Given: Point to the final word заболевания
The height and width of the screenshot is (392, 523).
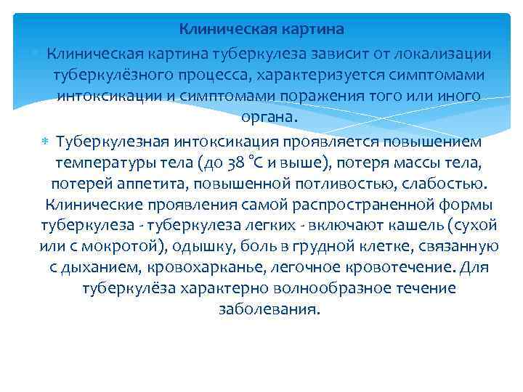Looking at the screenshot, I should (x=269, y=309).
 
